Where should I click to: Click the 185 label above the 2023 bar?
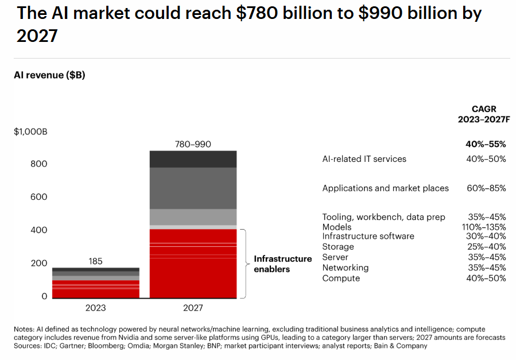point(96,261)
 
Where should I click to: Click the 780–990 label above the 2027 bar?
point(193,144)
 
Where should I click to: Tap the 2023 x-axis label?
point(96,308)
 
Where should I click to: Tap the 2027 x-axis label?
point(193,308)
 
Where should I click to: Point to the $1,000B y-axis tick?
point(30,131)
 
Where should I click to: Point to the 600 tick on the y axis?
point(38,197)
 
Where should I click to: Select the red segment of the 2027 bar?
point(193,264)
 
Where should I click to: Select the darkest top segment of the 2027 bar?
point(193,159)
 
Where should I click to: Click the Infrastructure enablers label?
point(282,264)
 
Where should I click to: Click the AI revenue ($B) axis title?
point(49,75)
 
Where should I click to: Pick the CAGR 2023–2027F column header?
point(484,114)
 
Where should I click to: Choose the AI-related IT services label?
point(364,159)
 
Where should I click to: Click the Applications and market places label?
point(385,188)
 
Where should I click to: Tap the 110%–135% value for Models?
point(486,227)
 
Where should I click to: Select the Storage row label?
point(338,247)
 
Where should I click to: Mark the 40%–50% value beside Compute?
point(486,278)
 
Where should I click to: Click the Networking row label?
point(345,268)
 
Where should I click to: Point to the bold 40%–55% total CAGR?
point(486,145)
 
